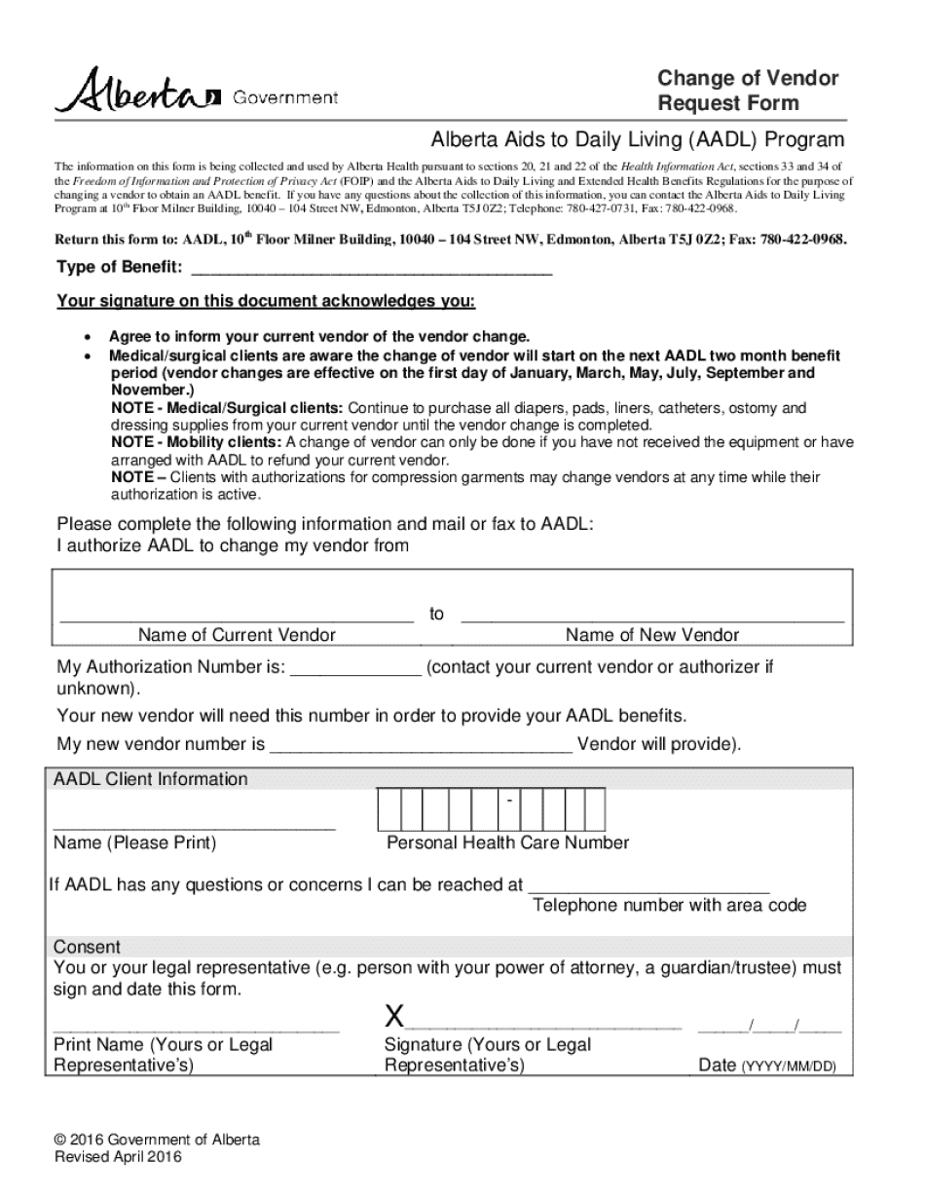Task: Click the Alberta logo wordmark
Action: (137, 91)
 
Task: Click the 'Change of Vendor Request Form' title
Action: (747, 91)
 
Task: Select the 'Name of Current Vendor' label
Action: (237, 635)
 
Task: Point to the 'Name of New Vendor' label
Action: (652, 635)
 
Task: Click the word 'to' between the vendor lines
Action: (436, 614)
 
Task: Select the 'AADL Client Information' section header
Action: (151, 779)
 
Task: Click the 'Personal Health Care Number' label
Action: (507, 842)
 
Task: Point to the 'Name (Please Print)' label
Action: (135, 842)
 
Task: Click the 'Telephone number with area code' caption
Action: (669, 906)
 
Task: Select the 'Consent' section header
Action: (87, 947)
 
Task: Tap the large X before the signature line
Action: (393, 1018)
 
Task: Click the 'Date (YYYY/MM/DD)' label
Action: (767, 1066)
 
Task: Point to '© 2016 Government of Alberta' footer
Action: (158, 1141)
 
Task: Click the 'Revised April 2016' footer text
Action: (118, 1157)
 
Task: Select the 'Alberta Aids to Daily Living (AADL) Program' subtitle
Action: (638, 139)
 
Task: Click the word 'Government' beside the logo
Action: (285, 97)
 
